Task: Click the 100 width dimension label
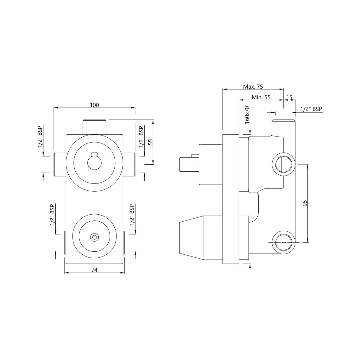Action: click(x=94, y=105)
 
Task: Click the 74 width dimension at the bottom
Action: click(x=94, y=270)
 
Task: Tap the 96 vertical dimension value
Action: click(x=305, y=203)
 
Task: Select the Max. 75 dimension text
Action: click(x=253, y=87)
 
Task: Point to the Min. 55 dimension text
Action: click(x=261, y=97)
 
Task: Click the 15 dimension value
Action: click(x=289, y=97)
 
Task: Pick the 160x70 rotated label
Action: click(x=247, y=115)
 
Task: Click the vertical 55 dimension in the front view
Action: click(x=150, y=142)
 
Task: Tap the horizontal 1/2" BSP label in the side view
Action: click(x=311, y=109)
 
